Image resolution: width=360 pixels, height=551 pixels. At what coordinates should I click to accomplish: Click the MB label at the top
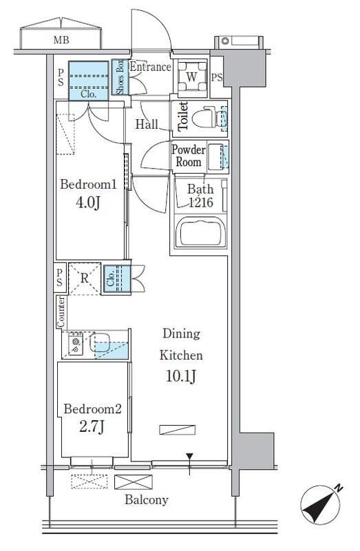pyautogui.click(x=61, y=40)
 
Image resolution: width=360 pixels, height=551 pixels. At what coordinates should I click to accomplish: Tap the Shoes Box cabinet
pyautogui.click(x=120, y=77)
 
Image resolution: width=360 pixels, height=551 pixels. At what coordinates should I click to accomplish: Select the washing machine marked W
pyautogui.click(x=192, y=77)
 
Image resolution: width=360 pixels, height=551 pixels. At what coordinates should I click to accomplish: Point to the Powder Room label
pyautogui.click(x=188, y=156)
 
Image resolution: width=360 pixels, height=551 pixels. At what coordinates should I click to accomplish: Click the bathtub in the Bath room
pyautogui.click(x=200, y=232)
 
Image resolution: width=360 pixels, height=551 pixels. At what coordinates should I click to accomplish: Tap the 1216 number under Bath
pyautogui.click(x=201, y=202)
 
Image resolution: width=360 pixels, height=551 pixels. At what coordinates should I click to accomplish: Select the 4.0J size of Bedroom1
pyautogui.click(x=88, y=202)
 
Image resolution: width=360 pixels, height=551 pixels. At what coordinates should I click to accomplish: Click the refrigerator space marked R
pyautogui.click(x=85, y=279)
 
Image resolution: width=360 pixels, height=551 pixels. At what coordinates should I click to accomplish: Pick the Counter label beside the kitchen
pyautogui.click(x=61, y=312)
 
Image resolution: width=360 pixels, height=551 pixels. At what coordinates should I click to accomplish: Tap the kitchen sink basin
pyautogui.click(x=100, y=342)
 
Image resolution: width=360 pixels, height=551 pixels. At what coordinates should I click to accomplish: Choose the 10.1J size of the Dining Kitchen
pyautogui.click(x=180, y=376)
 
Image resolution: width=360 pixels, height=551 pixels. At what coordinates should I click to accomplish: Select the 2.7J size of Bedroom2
pyautogui.click(x=92, y=427)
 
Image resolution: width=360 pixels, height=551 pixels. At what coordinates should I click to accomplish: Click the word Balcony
pyautogui.click(x=147, y=500)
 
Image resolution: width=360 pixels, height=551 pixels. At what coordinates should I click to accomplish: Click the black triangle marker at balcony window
pyautogui.click(x=190, y=457)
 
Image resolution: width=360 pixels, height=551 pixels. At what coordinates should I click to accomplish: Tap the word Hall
pyautogui.click(x=147, y=124)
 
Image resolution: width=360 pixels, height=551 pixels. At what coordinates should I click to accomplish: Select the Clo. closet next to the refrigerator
pyautogui.click(x=116, y=279)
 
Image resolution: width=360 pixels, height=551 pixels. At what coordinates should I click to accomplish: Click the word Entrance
pyautogui.click(x=150, y=67)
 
